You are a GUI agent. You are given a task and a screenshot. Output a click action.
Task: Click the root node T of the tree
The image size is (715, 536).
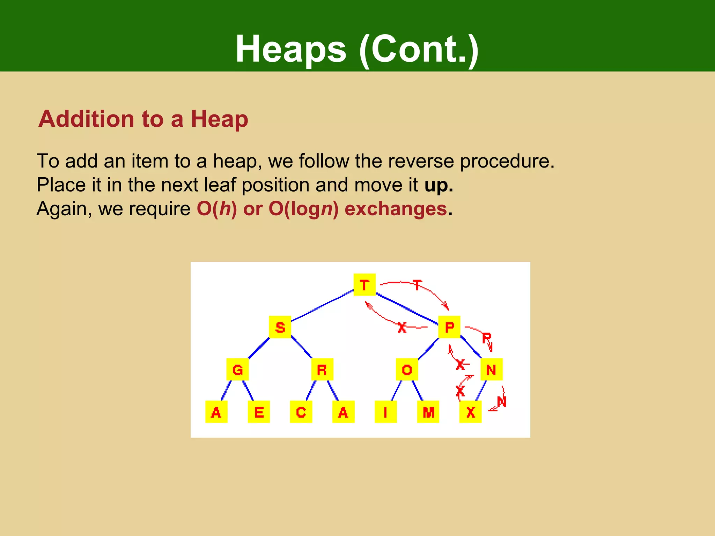[x=364, y=285]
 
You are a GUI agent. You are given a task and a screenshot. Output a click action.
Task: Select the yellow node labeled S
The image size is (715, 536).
[x=280, y=327]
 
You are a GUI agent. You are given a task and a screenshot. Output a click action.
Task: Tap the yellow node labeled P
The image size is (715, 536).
[x=449, y=327]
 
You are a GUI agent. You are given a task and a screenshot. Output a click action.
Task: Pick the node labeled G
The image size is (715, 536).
[x=237, y=369]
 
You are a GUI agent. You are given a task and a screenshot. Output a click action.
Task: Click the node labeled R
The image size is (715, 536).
[x=322, y=369]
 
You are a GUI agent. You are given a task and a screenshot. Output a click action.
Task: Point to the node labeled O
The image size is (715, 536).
[x=407, y=369]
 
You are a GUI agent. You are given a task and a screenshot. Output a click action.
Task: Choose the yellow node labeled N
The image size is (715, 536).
[x=491, y=369]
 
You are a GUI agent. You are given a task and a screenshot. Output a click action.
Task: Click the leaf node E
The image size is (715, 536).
[x=259, y=412]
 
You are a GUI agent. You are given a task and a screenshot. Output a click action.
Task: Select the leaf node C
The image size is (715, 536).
[x=301, y=412]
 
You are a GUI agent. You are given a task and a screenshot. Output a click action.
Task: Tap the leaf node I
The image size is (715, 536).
[x=385, y=412]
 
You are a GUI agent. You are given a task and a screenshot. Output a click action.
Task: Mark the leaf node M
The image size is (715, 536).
[x=428, y=412]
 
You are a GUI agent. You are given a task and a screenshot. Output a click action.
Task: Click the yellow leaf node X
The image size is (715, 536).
[x=470, y=412]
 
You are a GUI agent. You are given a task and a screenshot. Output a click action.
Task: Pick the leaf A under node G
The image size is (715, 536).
[x=216, y=412]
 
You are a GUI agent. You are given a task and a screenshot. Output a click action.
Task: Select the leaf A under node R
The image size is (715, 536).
[x=343, y=412]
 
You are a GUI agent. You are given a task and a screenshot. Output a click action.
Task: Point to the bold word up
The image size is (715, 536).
[x=438, y=185]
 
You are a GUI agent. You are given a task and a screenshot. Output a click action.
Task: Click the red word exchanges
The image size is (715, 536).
[x=396, y=209]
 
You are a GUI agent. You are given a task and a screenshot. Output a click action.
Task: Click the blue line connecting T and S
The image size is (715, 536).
[x=322, y=306]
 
